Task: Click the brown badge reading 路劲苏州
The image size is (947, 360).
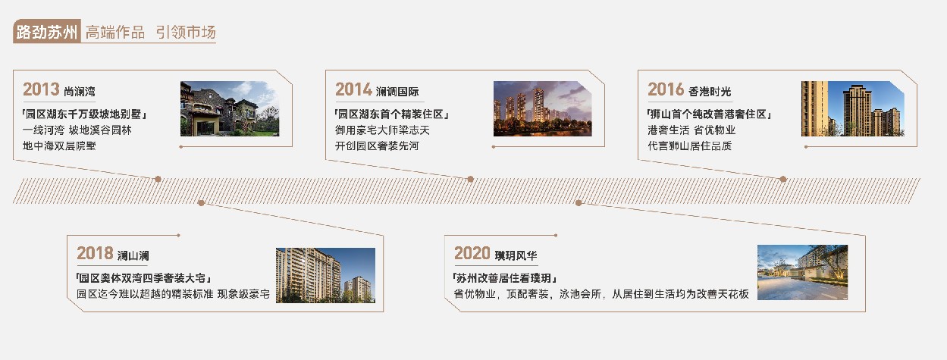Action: click(46, 31)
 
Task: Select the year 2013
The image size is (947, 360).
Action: click(41, 89)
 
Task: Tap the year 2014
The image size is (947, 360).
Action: click(353, 89)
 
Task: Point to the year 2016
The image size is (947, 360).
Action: click(666, 89)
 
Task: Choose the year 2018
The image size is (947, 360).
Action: click(95, 254)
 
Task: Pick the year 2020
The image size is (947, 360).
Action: click(472, 254)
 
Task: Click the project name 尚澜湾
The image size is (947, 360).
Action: click(80, 91)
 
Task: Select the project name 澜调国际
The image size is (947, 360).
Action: click(397, 91)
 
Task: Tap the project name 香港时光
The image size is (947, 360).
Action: click(710, 91)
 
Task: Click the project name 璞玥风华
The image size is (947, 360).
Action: click(516, 255)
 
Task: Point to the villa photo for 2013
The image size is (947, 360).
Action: click(230, 108)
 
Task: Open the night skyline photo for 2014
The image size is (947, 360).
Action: click(542, 108)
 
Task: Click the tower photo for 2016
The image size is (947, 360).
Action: click(853, 108)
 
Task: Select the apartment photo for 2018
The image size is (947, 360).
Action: click(325, 275)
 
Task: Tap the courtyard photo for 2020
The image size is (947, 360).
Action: click(802, 273)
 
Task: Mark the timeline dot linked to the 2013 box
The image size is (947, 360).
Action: click(158, 179)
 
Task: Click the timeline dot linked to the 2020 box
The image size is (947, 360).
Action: click(579, 203)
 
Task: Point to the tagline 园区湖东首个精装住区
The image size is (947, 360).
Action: click(391, 114)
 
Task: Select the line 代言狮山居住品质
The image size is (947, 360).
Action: click(689, 146)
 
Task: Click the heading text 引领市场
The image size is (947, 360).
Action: click(186, 32)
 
